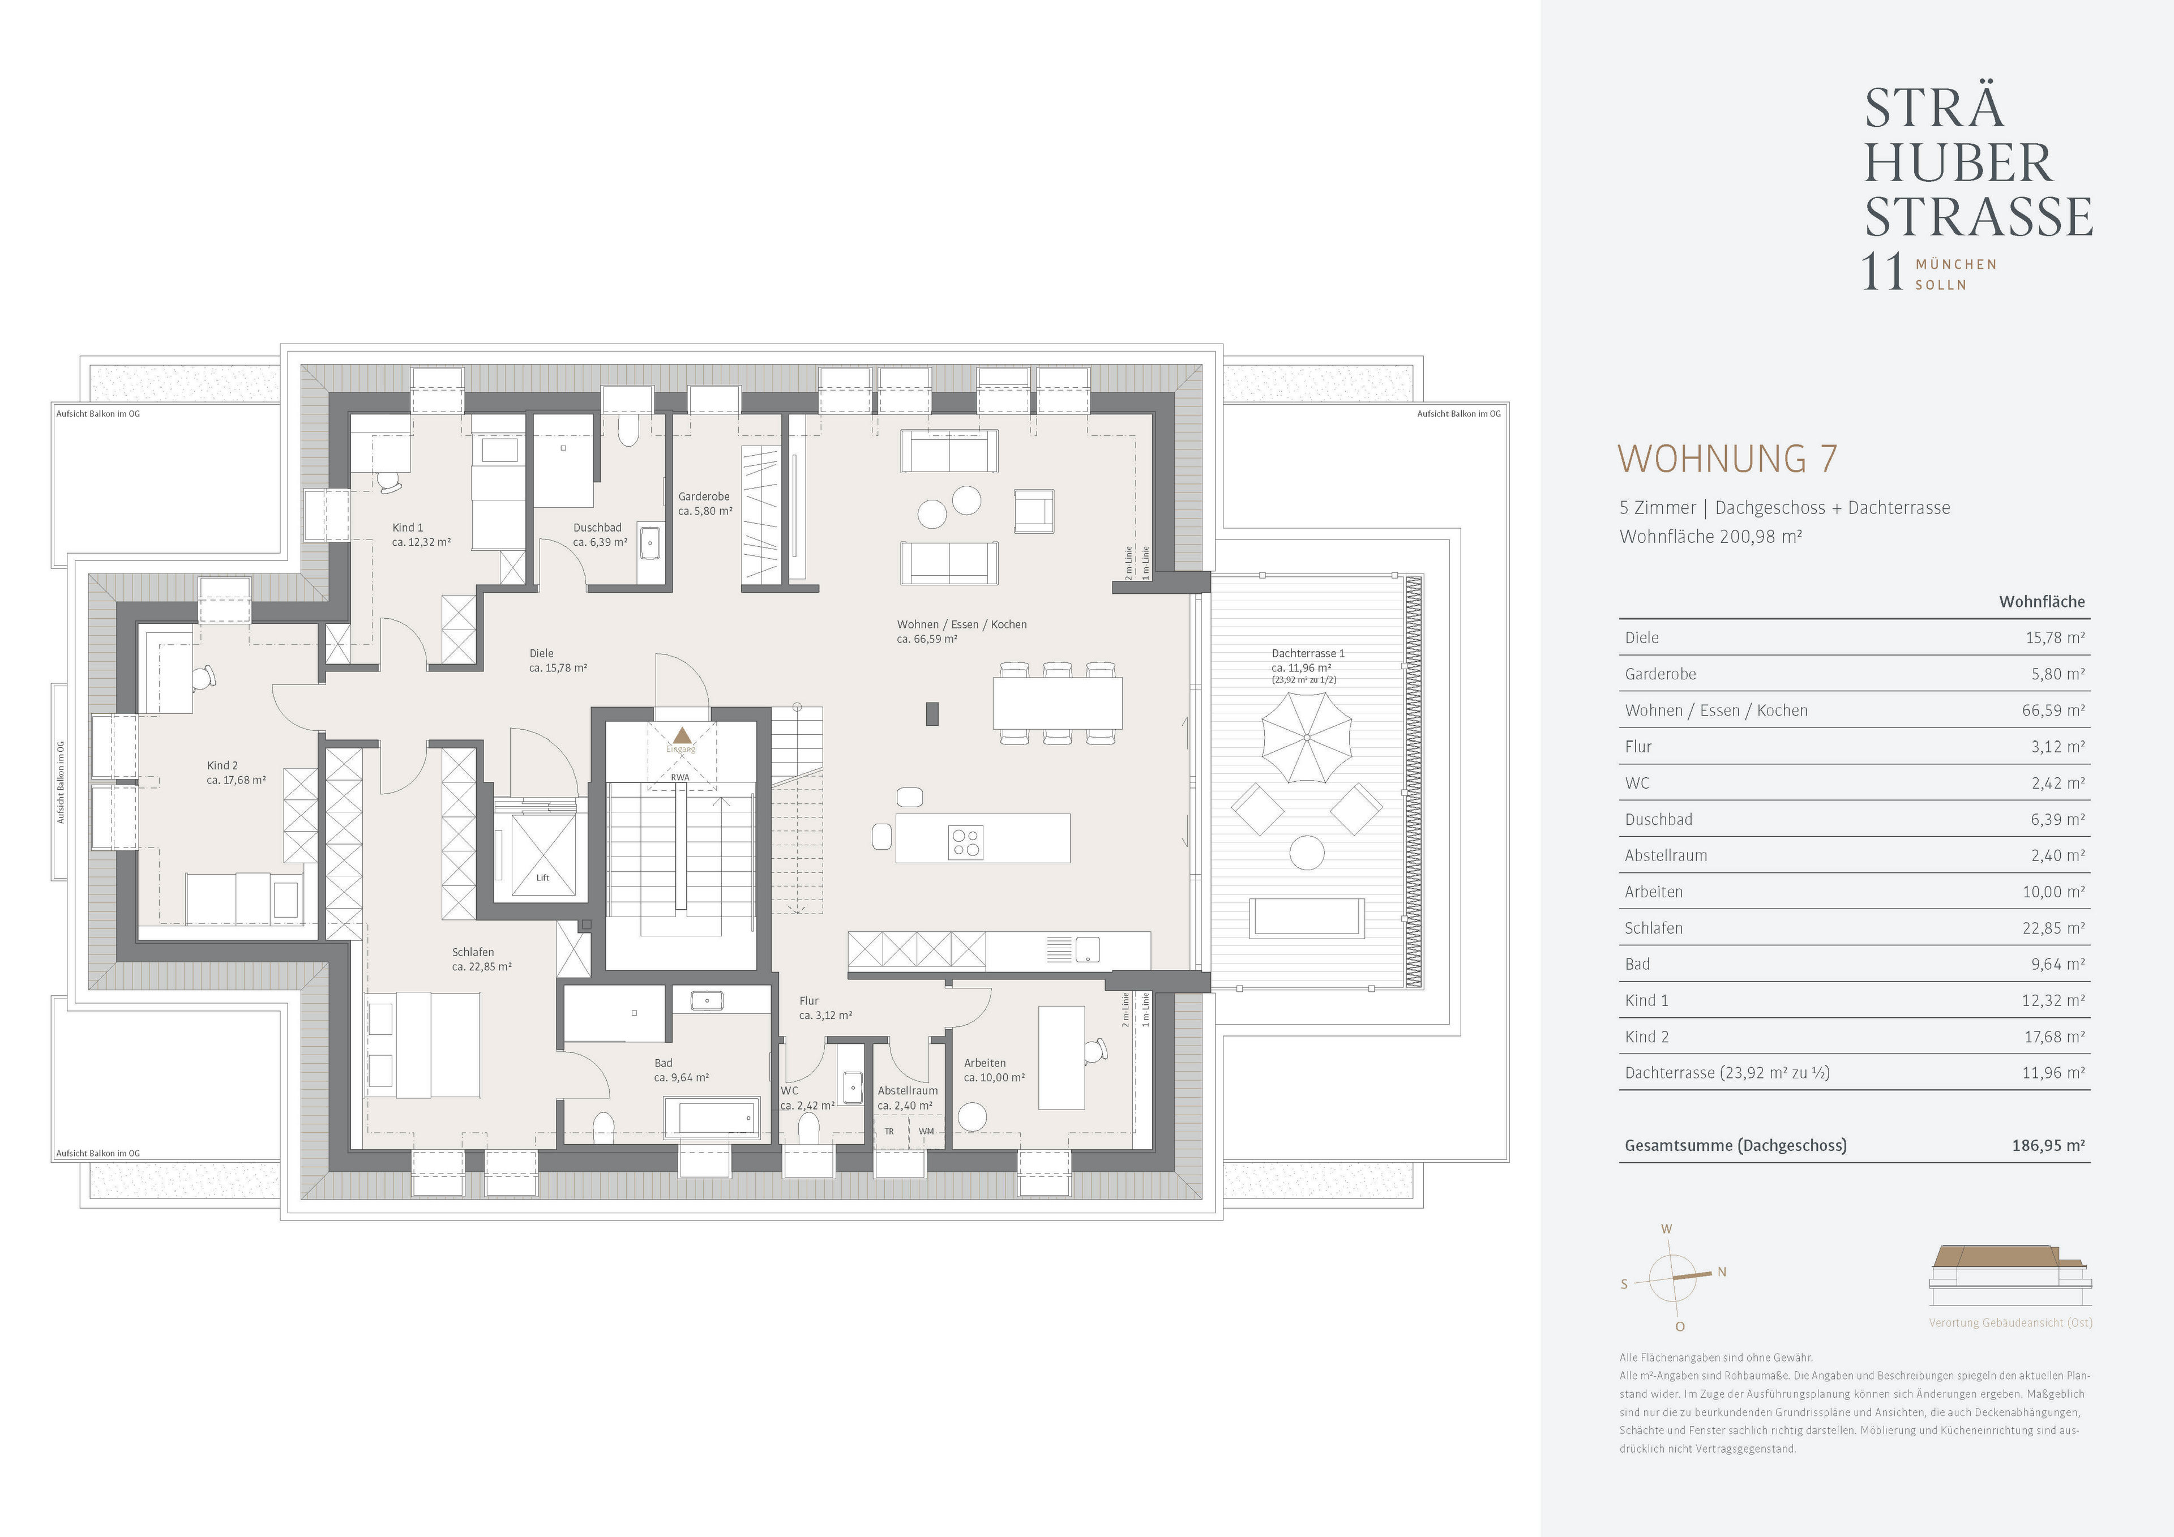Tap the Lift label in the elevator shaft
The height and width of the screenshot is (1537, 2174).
click(542, 877)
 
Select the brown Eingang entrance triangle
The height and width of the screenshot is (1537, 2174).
click(682, 735)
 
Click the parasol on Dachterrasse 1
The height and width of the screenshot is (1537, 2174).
click(1307, 737)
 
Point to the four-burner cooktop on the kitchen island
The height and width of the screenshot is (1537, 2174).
click(966, 842)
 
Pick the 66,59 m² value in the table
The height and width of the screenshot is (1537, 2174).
click(2053, 710)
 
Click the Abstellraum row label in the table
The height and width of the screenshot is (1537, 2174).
click(1666, 855)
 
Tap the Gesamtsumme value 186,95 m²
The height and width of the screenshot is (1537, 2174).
click(2048, 1145)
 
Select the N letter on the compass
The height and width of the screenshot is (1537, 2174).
click(1722, 1272)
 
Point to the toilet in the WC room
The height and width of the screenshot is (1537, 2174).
click(808, 1130)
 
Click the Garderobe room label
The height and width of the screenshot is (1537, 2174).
click(704, 496)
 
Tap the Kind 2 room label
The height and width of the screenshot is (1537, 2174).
click(222, 765)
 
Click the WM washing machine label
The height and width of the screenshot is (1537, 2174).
click(925, 1131)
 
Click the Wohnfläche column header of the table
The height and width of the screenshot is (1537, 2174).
click(2042, 601)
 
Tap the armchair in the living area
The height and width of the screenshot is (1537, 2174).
click(1034, 511)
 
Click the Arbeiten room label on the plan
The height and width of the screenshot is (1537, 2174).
click(985, 1063)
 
